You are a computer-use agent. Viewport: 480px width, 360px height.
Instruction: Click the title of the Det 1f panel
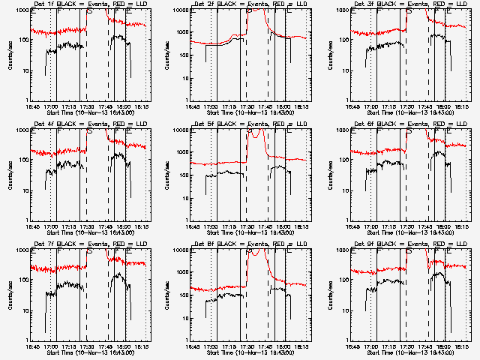pyautogui.click(x=89, y=4)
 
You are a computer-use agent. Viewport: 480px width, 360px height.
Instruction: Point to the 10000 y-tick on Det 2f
pyautogui.click(x=179, y=10)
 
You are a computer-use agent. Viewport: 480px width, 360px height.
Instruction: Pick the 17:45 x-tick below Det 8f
pyautogui.click(x=265, y=346)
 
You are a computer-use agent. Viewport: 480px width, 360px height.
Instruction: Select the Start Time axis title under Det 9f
pyautogui.click(x=410, y=352)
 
